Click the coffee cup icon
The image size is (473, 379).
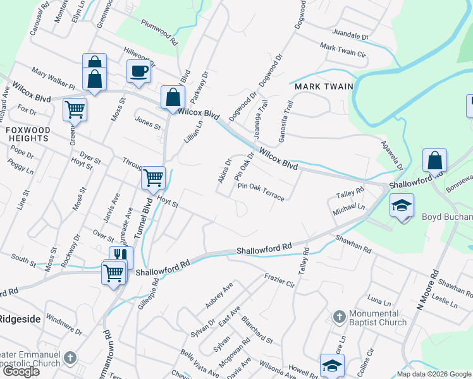click(x=138, y=71)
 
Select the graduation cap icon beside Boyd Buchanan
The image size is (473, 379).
click(x=402, y=207)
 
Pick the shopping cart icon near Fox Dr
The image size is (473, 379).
click(x=75, y=109)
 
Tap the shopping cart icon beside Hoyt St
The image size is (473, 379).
click(x=153, y=177)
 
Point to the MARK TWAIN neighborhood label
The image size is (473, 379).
click(x=320, y=86)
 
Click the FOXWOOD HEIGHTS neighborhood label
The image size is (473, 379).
click(x=27, y=135)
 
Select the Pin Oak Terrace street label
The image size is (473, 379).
click(x=261, y=191)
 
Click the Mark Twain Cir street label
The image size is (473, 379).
click(x=343, y=51)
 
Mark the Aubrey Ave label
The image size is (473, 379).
click(x=219, y=295)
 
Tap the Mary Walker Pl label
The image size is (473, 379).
click(x=52, y=79)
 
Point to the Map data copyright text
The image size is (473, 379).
click(x=434, y=374)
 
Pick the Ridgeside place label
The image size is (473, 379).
click(x=21, y=319)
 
